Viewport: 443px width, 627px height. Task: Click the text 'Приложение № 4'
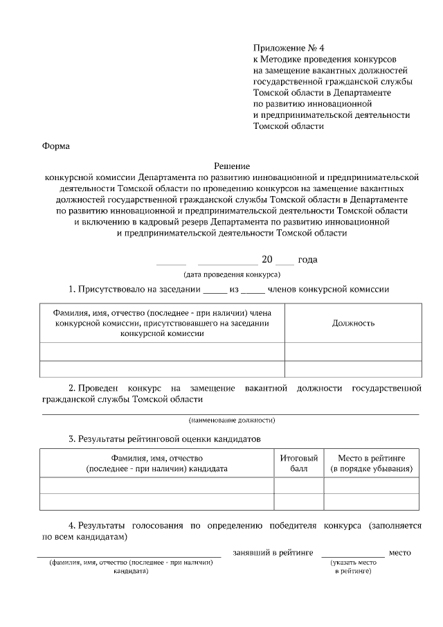click(289, 48)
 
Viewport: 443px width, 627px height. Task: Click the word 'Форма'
click(56, 146)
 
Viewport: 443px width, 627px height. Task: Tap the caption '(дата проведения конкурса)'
click(231, 274)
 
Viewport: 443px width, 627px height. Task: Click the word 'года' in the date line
click(307, 260)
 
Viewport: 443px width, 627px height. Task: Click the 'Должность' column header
click(353, 324)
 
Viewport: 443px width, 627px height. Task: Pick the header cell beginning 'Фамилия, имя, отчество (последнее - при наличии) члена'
click(162, 323)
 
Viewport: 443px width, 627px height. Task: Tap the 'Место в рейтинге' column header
click(371, 463)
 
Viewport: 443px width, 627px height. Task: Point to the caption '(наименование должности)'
click(231, 421)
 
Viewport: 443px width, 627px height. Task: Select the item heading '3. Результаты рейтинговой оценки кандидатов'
click(165, 439)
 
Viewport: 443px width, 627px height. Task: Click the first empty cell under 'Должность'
click(353, 351)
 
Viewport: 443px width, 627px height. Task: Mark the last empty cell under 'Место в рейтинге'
click(371, 502)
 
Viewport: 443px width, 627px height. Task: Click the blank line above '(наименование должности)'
click(231, 413)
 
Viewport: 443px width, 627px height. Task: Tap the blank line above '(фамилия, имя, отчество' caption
click(129, 556)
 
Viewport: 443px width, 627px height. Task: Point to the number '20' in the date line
click(267, 260)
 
